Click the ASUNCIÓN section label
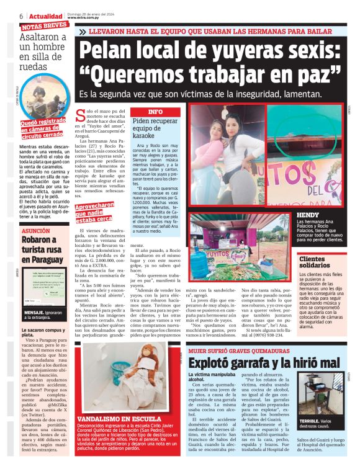click(36, 230)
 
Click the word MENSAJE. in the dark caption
click(34, 313)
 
